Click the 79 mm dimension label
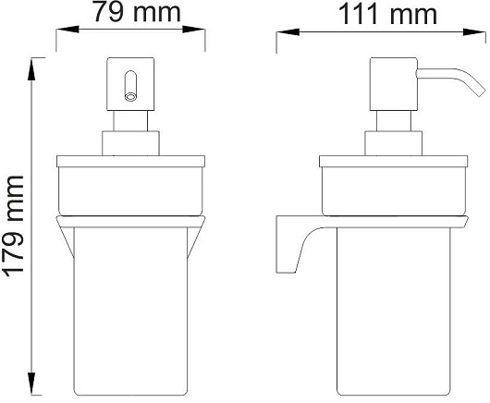pyautogui.click(x=137, y=12)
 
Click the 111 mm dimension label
pyautogui.click(x=387, y=15)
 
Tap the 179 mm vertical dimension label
pyautogui.click(x=14, y=226)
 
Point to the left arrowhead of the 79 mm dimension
pyautogui.click(x=67, y=30)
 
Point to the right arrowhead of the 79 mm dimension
pyautogui.click(x=194, y=30)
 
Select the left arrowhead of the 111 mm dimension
pyautogui.click(x=288, y=31)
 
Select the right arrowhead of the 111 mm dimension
pyautogui.click(x=474, y=32)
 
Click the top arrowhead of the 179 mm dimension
pyautogui.click(x=31, y=69)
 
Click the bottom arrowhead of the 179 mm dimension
pyautogui.click(x=31, y=384)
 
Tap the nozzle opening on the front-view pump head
pyautogui.click(x=130, y=97)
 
